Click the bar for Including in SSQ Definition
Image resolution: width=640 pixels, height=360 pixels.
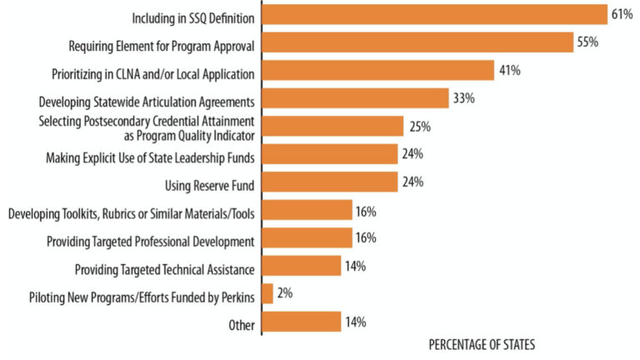(433, 15)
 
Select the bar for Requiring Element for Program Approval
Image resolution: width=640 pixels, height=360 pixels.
(417, 42)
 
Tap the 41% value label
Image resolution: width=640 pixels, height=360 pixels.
(510, 71)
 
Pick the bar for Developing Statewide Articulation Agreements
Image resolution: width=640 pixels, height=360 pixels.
(356, 99)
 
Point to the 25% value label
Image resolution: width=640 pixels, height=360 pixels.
(420, 127)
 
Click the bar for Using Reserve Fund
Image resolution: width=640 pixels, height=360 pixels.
(330, 182)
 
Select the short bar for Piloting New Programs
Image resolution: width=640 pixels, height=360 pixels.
(267, 294)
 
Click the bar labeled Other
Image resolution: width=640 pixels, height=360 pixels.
(302, 322)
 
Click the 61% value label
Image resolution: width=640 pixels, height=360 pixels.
(621, 15)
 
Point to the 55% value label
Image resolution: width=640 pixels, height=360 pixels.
(587, 42)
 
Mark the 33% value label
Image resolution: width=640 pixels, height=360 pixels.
(464, 99)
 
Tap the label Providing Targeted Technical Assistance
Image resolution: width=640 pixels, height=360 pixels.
(164, 268)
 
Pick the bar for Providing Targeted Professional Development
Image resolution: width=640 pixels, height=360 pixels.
(307, 238)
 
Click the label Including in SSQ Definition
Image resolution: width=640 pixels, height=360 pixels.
(193, 17)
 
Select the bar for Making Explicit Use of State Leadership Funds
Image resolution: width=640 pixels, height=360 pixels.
(330, 154)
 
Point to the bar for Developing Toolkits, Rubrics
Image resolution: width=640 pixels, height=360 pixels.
(307, 210)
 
